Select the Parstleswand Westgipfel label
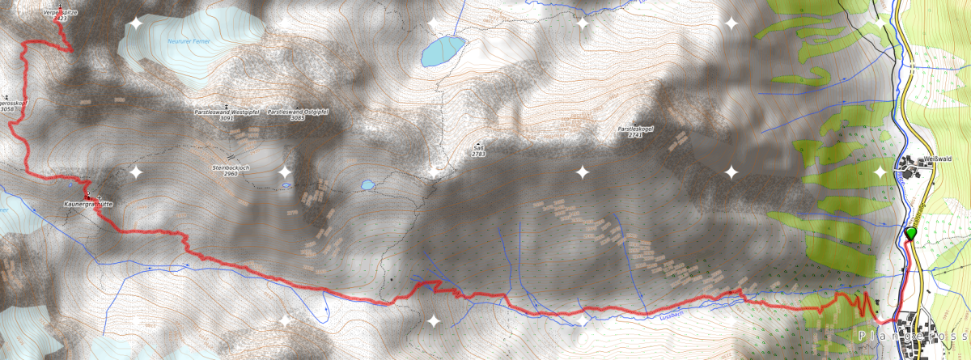(x=227, y=112)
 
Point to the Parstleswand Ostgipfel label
(x=297, y=112)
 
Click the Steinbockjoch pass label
(x=230, y=167)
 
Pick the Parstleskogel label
(x=635, y=129)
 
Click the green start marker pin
(x=911, y=234)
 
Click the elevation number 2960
(x=231, y=174)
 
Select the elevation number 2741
(x=634, y=135)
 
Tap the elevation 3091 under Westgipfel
(x=227, y=118)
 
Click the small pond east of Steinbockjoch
(x=368, y=185)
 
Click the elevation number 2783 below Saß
(x=479, y=153)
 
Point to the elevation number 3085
(x=297, y=118)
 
